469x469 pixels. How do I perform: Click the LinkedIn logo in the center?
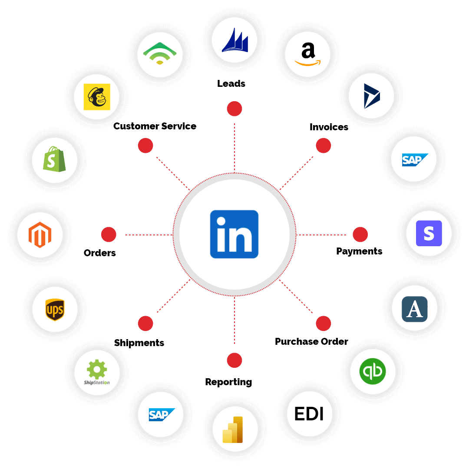click(234, 234)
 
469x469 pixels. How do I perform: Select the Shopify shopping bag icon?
click(54, 160)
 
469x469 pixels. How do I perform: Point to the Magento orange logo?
click(40, 235)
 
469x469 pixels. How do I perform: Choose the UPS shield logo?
click(55, 310)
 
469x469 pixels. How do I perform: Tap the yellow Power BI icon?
click(234, 429)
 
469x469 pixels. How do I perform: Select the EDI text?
click(309, 414)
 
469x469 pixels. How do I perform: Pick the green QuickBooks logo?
click(373, 372)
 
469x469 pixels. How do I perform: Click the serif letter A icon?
click(414, 308)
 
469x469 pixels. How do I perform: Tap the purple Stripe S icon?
click(429, 234)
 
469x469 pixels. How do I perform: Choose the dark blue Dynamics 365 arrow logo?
click(371, 96)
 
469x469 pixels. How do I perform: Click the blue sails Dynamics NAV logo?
click(234, 40)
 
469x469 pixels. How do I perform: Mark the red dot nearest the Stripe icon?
click(360, 234)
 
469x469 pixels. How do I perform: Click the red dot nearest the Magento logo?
click(109, 234)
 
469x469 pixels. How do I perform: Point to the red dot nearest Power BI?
click(234, 360)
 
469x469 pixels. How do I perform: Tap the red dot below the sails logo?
click(234, 109)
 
